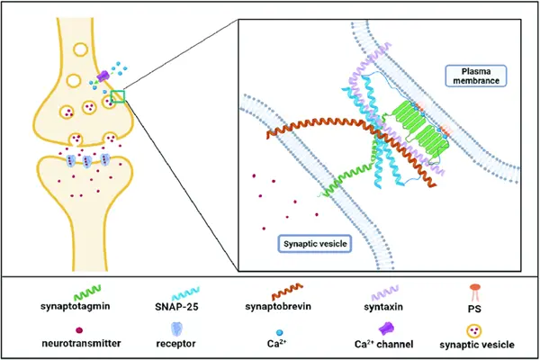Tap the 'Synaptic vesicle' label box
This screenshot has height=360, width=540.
(310, 243)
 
